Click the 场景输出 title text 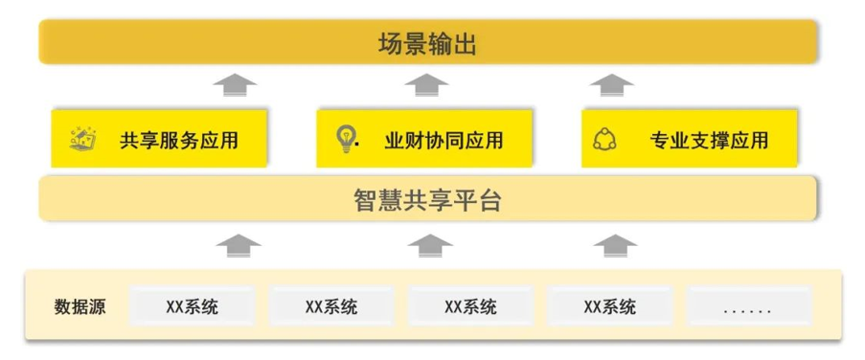point(427,43)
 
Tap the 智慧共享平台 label point(427,200)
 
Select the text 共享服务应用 point(179,140)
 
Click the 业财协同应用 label point(444,140)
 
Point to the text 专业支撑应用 point(709,140)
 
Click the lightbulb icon point(347,140)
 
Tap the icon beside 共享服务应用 point(82,139)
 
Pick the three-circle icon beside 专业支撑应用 point(604,139)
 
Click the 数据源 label point(80,306)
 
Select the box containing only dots point(748,305)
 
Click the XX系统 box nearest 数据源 point(192,305)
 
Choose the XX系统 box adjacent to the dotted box point(609,305)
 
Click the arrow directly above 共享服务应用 point(235,85)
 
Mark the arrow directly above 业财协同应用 point(426,85)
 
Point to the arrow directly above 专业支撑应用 point(611,85)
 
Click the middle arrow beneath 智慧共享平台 point(430,245)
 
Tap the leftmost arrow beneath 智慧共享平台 point(239,245)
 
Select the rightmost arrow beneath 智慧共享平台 point(615,245)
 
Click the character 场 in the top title point(391,43)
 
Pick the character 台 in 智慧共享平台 point(489,200)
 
